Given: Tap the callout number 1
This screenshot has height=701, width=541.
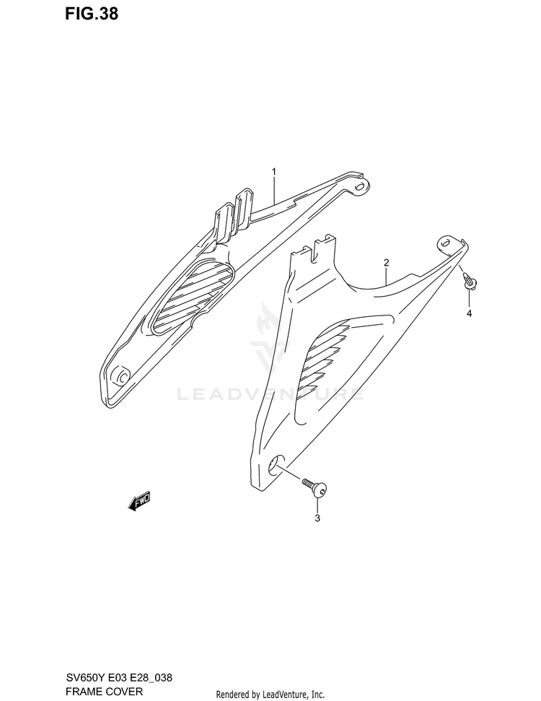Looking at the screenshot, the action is coord(274,171).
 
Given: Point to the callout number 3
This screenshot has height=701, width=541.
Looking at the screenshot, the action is coord(317,518).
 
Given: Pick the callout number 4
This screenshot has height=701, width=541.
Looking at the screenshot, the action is coord(469,313).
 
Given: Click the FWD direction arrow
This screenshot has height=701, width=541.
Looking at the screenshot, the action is coord(139,501).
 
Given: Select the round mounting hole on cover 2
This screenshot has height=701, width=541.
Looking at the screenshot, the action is coord(277,467).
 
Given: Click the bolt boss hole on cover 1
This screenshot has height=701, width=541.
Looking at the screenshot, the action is coord(122,376).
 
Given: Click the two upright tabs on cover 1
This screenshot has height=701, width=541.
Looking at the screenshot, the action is coord(234,211).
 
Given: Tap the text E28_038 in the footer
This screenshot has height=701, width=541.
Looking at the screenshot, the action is coord(154,679).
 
